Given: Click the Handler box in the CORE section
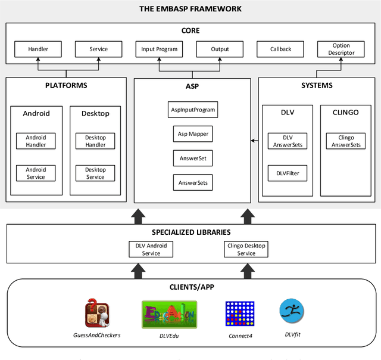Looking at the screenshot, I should coord(38,49).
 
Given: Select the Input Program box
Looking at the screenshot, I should coord(159,49).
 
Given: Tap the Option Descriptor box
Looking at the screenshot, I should coord(341,49).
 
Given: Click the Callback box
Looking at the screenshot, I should coord(280,49).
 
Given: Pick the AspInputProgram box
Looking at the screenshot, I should coord(192,110).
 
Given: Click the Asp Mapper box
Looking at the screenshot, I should coord(192,134).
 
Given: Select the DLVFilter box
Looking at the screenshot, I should coord(288,173).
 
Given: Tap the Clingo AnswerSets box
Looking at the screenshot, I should coord(346,141).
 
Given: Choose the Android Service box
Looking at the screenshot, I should coord(36,173).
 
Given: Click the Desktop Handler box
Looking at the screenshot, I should coord(95,141).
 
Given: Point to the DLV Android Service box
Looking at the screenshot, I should coord(151,249).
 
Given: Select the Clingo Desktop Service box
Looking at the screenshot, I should coord(246,249).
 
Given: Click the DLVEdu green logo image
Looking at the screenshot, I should coord(169,315).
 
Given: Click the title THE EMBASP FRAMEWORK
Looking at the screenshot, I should coord(190,8).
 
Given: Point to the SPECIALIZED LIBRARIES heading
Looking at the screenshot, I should coord(190,232).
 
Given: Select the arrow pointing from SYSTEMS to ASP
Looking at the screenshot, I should coord(254,141).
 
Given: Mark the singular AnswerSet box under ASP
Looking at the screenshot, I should coord(192,158).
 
